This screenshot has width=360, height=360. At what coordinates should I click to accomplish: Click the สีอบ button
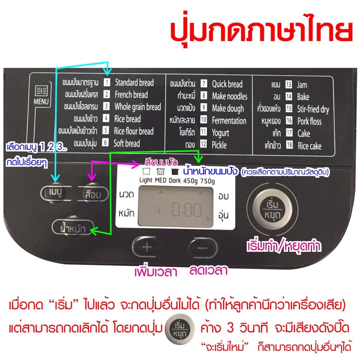coord(92,194)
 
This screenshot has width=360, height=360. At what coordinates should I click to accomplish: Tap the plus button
coord(147,247)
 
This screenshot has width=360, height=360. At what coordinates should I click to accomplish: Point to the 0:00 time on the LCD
coord(186,211)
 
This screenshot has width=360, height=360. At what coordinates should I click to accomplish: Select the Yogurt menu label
coord(220,133)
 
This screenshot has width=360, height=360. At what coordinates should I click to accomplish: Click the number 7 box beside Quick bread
coord(204,84)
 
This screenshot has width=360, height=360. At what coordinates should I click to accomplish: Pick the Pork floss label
coord(309,122)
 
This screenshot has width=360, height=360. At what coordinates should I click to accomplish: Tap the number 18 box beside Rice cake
coord(289,146)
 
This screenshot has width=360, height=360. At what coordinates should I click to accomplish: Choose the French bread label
coord(131,95)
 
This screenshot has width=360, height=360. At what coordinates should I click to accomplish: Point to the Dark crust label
coord(173,181)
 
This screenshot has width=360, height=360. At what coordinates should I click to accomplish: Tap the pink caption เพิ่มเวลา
coord(156,272)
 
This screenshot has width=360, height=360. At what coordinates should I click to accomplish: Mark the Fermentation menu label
coord(229,121)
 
